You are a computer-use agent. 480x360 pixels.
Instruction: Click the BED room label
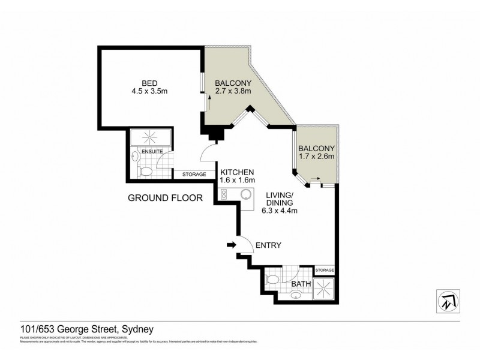pyautogui.click(x=150, y=83)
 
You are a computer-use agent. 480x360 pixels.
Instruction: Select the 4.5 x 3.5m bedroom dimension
pyautogui.click(x=150, y=93)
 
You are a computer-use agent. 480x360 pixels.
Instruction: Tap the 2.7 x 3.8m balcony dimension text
pyautogui.click(x=233, y=92)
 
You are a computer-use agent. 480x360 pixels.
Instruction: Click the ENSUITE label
pyautogui.click(x=151, y=152)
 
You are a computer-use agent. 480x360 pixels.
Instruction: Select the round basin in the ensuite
pyautogui.click(x=136, y=158)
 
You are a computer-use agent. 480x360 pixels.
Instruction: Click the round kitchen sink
pyautogui.click(x=245, y=194)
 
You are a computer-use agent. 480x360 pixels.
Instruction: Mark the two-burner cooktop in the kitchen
pyautogui.click(x=224, y=194)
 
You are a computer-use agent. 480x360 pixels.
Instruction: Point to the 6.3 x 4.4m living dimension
pyautogui.click(x=280, y=211)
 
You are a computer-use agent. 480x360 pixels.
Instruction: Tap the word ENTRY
pyautogui.click(x=268, y=245)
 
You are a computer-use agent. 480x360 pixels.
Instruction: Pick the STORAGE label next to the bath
pyautogui.click(x=324, y=271)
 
